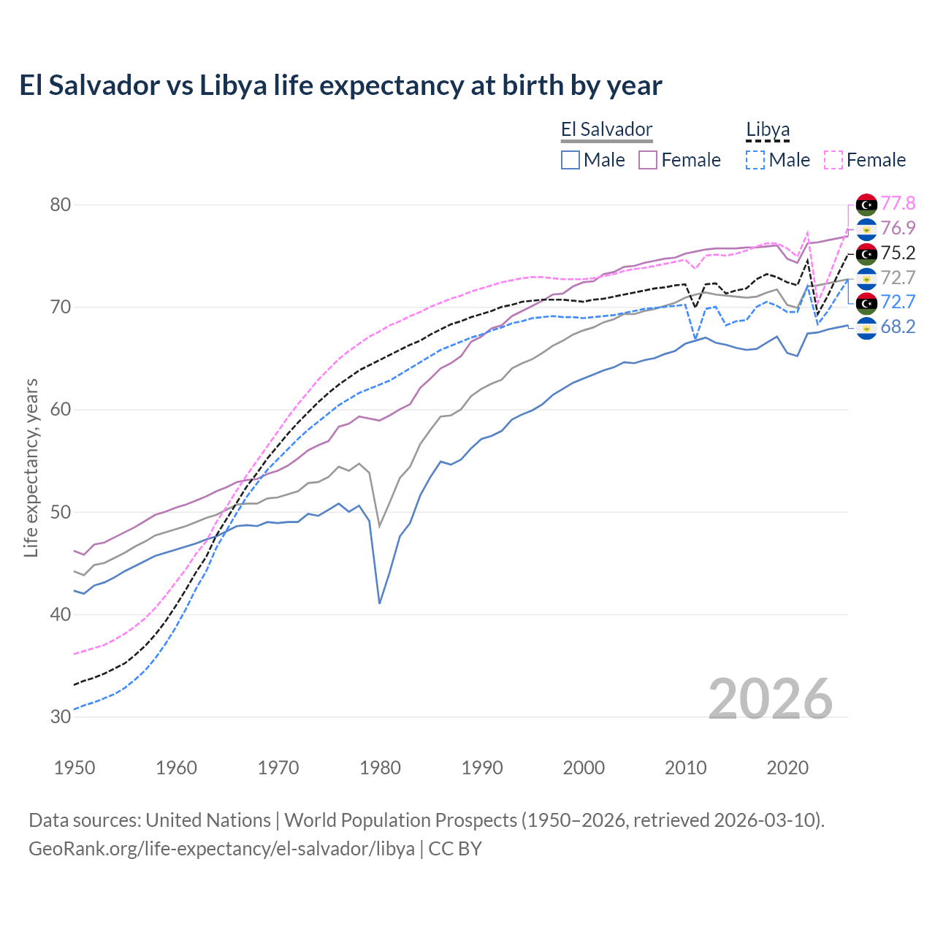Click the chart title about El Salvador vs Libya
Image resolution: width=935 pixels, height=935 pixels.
340,85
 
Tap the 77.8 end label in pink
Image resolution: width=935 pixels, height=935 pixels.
898,203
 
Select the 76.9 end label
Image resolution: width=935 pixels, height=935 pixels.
898,228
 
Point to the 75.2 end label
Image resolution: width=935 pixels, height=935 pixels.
898,253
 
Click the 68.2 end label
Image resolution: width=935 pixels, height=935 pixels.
898,327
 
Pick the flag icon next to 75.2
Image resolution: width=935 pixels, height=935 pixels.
866,253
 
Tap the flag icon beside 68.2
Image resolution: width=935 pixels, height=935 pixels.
866,327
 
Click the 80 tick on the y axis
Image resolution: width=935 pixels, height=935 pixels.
60,205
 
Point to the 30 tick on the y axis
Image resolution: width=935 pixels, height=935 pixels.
60,717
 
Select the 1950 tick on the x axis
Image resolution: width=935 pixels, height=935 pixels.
75,768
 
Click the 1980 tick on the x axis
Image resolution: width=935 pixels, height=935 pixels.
380,768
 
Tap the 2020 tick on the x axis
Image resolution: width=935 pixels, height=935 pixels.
787,768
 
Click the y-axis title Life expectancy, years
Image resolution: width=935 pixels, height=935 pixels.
31,467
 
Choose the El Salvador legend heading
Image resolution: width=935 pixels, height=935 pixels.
606,130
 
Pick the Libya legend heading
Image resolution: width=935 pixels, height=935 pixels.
768,130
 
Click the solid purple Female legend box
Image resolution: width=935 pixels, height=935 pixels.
648,160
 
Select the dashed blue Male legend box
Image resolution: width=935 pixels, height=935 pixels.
755,160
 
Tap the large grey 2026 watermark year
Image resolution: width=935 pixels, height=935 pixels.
770,700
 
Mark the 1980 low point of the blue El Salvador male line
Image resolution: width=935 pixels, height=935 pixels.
380,603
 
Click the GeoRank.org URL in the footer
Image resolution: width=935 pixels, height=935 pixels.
221,849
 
